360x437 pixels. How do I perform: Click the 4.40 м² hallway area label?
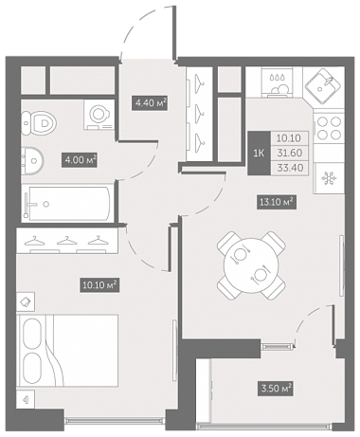[x=149, y=103]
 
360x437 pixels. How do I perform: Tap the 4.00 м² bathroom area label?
[x=79, y=160]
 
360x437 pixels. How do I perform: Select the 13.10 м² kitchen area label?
[x=276, y=201]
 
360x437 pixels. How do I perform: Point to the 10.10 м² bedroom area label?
[x=99, y=285]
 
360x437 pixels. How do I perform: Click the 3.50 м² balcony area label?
[x=276, y=389]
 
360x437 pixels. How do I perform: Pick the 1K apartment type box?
[x=260, y=154]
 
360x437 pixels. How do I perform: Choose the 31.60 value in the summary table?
[x=290, y=153]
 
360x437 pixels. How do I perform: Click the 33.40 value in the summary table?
[x=290, y=168]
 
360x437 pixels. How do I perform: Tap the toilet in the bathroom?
[x=39, y=122]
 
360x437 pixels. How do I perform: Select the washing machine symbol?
[x=99, y=115]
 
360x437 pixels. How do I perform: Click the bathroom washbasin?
[x=32, y=161]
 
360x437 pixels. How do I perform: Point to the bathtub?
[x=67, y=203]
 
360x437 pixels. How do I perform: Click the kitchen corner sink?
[x=323, y=86]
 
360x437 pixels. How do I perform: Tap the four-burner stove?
[x=329, y=128]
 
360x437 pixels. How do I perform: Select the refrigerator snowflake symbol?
[x=329, y=178]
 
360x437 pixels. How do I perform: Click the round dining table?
[x=251, y=265]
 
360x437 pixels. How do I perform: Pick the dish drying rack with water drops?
[x=278, y=84]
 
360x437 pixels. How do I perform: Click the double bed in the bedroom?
[x=68, y=350]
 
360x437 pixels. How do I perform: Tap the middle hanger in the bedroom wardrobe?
[x=66, y=241]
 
